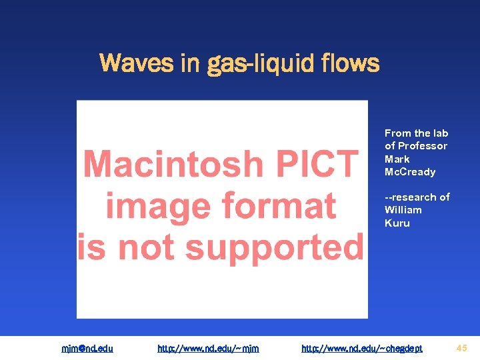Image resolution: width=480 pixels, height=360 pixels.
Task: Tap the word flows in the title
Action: pos(350,64)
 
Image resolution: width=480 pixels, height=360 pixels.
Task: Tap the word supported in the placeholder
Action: pos(274,247)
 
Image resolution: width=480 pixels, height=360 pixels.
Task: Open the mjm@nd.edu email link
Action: pos(87,348)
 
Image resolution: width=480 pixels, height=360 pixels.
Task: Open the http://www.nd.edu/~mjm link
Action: pos(208,348)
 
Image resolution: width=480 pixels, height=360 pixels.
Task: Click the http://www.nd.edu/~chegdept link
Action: pos(362,348)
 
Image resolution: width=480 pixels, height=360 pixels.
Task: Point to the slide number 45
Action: pos(461,347)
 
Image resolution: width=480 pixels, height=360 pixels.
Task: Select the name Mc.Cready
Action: pos(410,172)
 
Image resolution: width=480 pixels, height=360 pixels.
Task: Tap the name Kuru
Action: pos(397,223)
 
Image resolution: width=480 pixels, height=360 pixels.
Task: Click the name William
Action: pos(403,210)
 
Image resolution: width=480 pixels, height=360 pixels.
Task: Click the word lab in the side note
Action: pos(441,133)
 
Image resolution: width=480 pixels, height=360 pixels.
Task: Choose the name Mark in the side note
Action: pos(397,159)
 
